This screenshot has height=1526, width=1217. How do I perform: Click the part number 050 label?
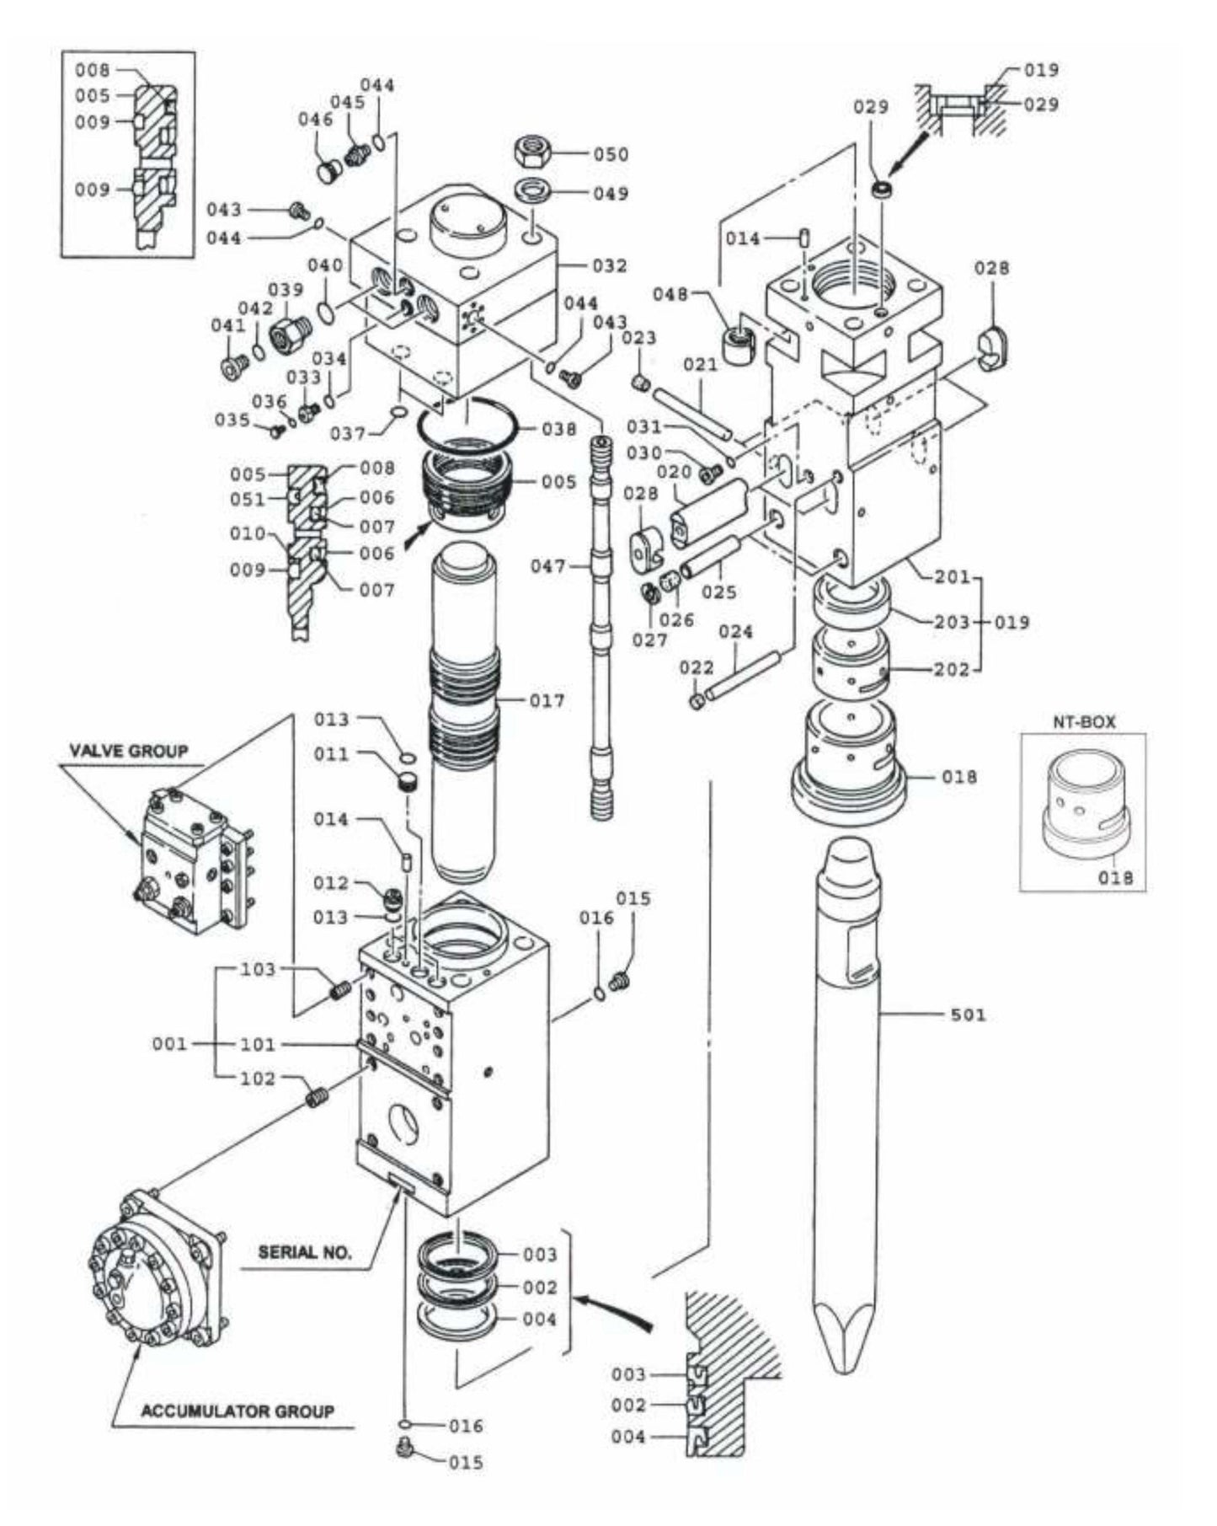[x=611, y=154]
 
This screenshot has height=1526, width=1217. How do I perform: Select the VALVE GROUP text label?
[x=129, y=750]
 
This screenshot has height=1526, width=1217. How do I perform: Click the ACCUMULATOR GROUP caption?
[x=238, y=1411]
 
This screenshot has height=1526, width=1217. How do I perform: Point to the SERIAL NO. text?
[x=305, y=1252]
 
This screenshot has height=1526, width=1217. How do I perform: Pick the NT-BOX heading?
[x=1083, y=722]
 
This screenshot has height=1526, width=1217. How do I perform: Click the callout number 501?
[x=968, y=1015]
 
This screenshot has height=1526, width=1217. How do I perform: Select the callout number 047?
[x=548, y=566]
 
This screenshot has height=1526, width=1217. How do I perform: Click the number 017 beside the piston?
[x=547, y=700]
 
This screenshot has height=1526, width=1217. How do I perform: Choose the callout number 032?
[x=611, y=266]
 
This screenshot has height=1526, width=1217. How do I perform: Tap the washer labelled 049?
[x=531, y=190]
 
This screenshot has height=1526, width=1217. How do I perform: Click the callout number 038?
[x=558, y=429]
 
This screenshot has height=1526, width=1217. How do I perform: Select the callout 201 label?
[x=953, y=577]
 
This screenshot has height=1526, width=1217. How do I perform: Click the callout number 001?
[x=170, y=1045]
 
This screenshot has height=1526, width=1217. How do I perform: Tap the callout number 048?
[x=671, y=294]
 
